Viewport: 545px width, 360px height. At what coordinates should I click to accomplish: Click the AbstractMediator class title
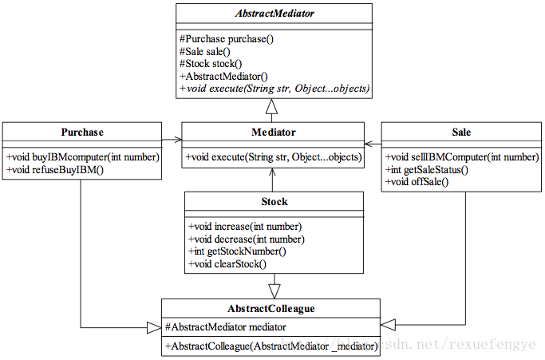[274, 14]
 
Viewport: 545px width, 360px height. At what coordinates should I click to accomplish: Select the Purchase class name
[82, 133]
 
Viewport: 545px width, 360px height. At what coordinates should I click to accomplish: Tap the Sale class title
[461, 133]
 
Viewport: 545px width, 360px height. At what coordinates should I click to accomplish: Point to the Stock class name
[274, 202]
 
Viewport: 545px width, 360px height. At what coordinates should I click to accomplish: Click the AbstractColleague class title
[271, 309]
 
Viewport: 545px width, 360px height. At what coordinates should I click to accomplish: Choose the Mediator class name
[274, 133]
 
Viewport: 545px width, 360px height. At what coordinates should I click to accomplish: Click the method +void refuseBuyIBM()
[55, 170]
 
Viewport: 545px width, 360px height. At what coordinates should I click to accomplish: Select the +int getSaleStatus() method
[427, 170]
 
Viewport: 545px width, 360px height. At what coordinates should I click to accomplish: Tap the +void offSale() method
[417, 182]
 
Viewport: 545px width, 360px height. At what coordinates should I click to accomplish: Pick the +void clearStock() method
[227, 264]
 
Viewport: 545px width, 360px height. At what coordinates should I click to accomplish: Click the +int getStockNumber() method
[237, 251]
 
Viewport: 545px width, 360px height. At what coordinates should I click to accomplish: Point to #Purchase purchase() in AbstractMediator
[227, 39]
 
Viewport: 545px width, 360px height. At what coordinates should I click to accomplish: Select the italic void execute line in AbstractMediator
[274, 89]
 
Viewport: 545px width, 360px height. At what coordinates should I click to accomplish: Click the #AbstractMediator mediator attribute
[226, 327]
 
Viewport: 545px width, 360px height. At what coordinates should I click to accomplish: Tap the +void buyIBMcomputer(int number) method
[83, 157]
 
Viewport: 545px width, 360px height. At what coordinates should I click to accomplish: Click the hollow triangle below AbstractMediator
[272, 106]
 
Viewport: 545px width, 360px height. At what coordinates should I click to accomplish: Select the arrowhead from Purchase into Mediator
[178, 140]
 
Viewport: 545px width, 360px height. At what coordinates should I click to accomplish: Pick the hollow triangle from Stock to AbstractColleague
[274, 291]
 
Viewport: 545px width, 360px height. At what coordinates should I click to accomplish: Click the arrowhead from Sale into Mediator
[369, 144]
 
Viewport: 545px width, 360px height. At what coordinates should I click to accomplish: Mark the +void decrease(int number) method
[247, 239]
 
